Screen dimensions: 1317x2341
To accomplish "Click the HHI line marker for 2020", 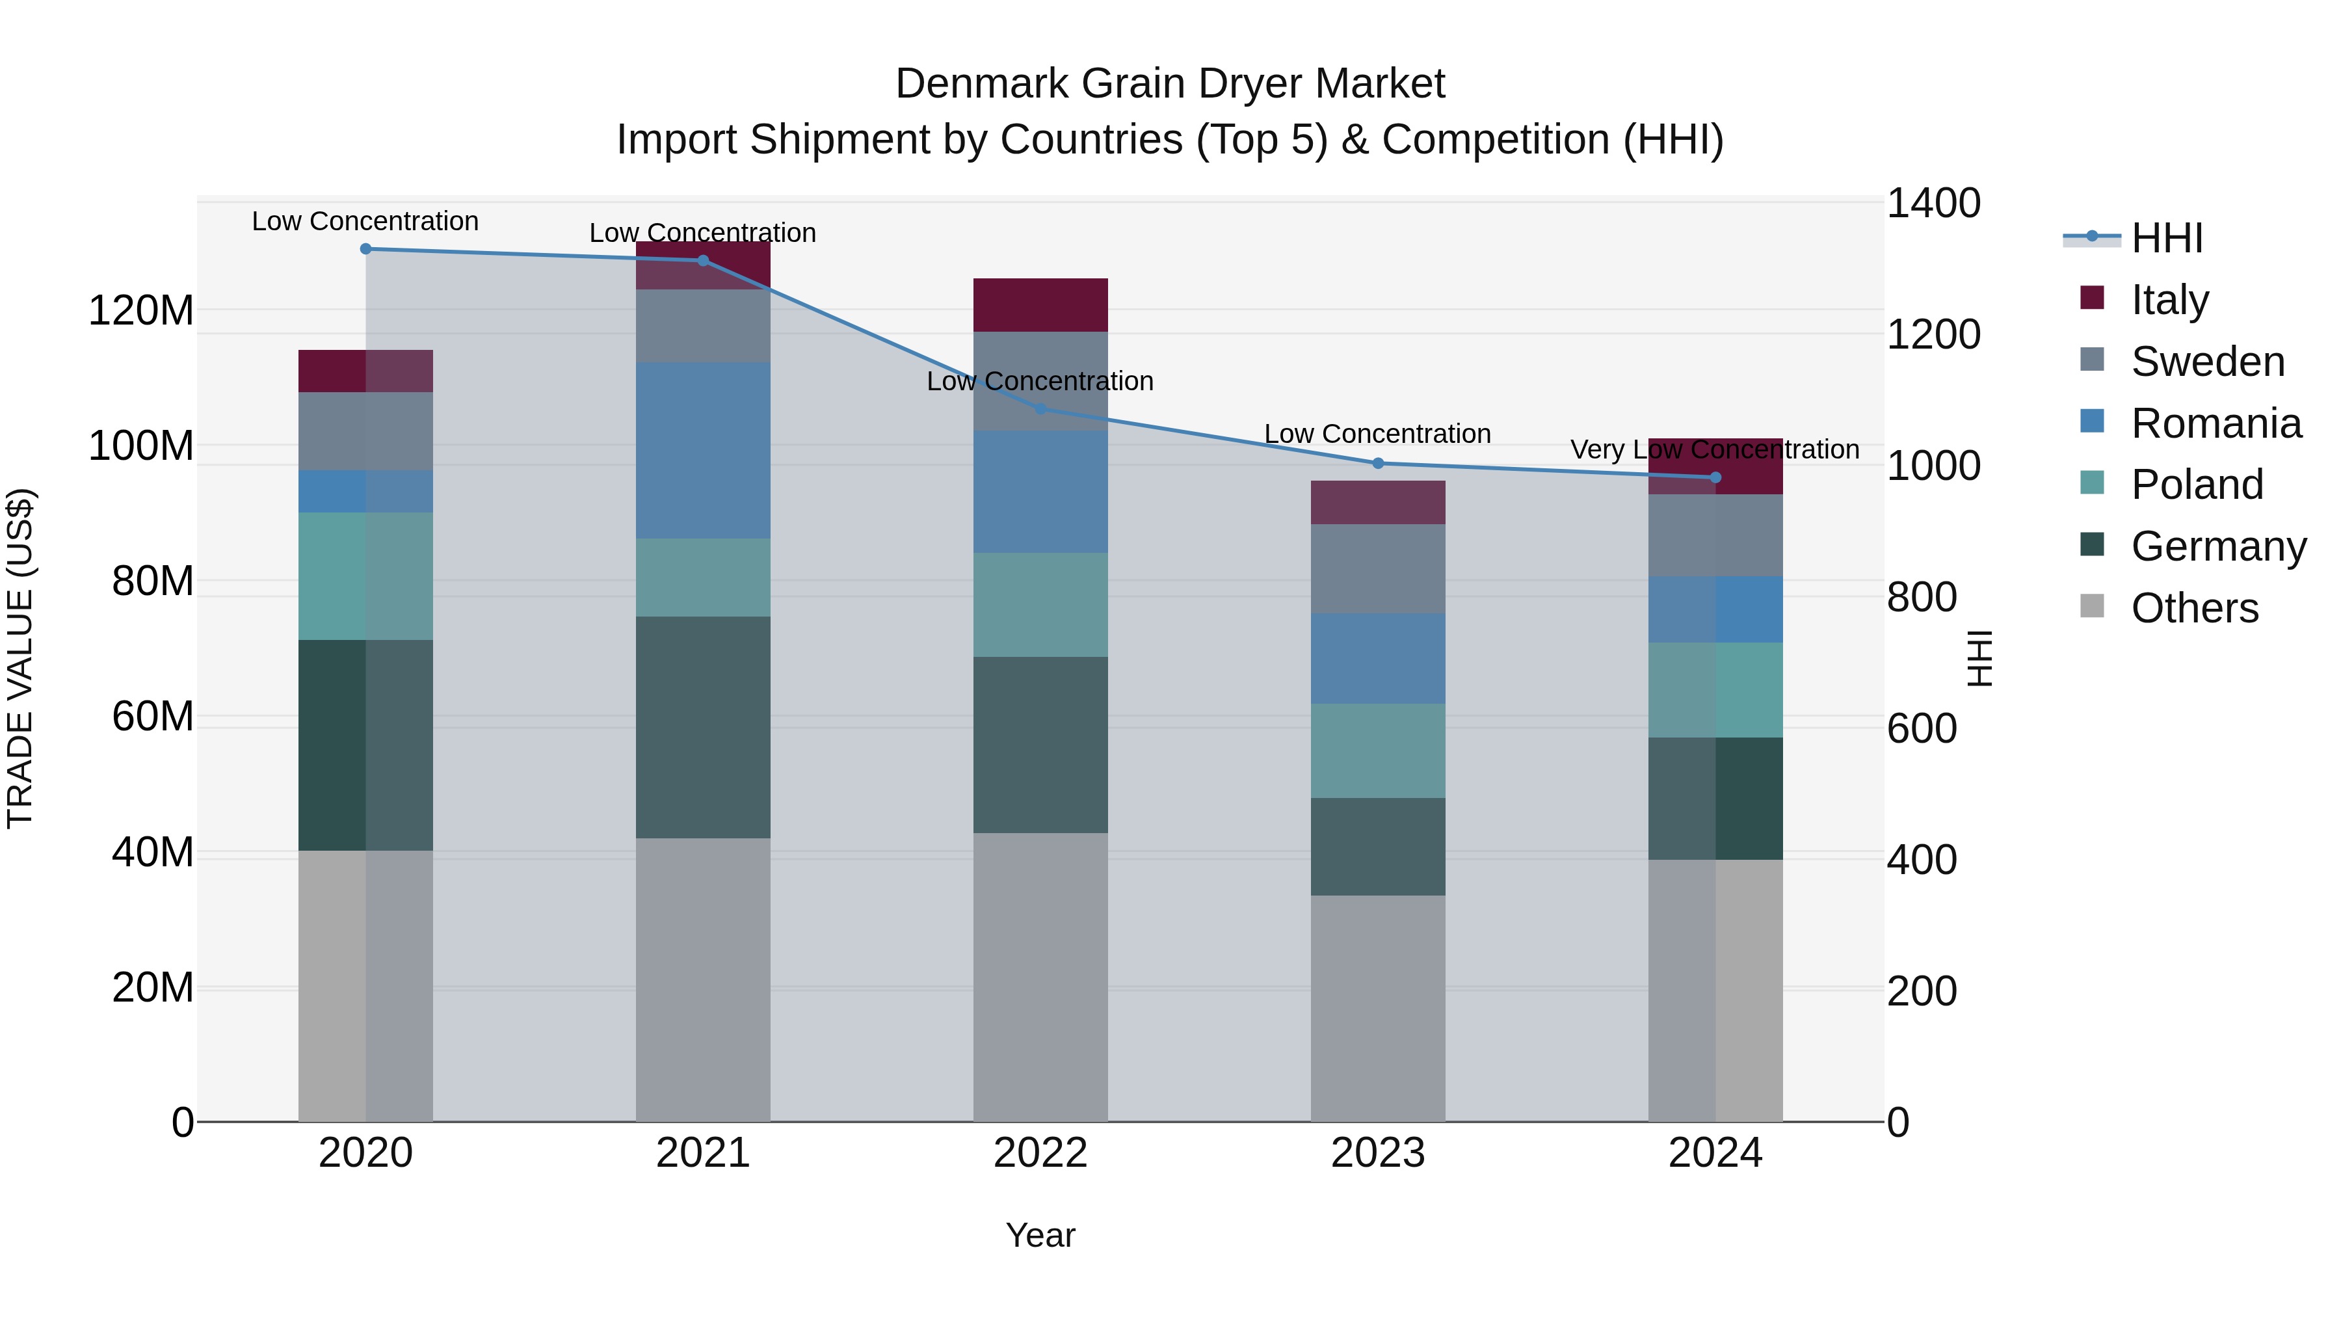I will click(x=365, y=248).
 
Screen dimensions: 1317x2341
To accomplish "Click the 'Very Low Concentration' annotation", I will click(x=1714, y=449).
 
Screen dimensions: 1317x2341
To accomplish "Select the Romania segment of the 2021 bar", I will click(x=702, y=450).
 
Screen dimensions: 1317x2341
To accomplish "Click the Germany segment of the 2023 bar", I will click(x=1378, y=846).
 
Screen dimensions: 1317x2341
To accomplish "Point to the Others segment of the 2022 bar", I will click(x=1040, y=976).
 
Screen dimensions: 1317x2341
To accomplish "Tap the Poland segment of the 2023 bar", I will click(x=1378, y=750).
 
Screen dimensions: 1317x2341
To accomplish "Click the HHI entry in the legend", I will click(x=2167, y=238).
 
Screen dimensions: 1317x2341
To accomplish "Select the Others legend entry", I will click(x=2194, y=608).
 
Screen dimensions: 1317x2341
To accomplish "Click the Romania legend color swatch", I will click(x=2091, y=421).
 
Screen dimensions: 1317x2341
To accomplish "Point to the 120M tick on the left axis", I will click(x=141, y=311).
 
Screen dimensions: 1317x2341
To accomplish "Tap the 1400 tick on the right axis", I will click(x=1933, y=204).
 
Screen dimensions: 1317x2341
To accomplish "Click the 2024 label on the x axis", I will click(x=1714, y=1153).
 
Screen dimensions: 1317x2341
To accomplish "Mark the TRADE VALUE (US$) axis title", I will click(x=20, y=658).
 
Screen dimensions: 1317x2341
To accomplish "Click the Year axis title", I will click(x=1040, y=1235).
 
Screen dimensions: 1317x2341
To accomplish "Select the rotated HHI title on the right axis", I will click(x=1979, y=658).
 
